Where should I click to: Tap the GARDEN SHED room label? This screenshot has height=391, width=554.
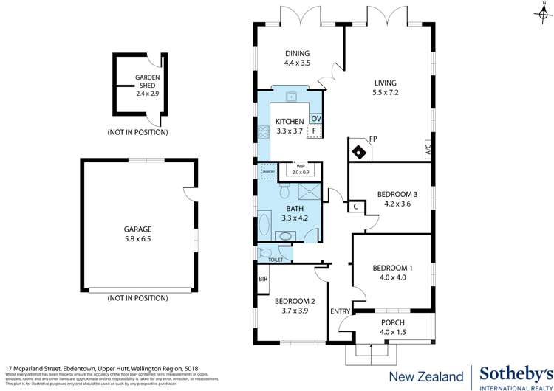click(x=148, y=86)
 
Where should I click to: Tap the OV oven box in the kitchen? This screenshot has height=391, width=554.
click(x=315, y=119)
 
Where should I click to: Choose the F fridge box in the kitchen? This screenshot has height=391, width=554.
click(x=315, y=131)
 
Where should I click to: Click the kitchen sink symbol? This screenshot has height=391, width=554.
click(x=293, y=97)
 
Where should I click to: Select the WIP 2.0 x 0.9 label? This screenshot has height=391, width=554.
click(x=301, y=170)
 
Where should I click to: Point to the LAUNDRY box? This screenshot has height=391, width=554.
click(x=268, y=173)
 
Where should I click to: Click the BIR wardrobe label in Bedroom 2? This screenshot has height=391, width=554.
click(x=262, y=279)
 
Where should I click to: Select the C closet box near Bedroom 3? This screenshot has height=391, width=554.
click(x=355, y=207)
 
